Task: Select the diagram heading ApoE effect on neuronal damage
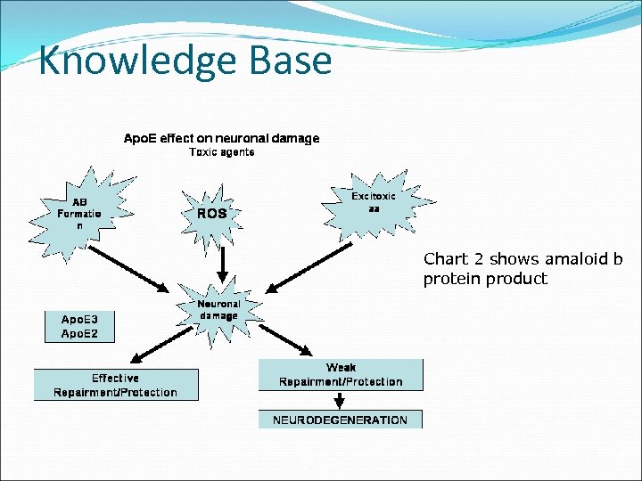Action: click(x=221, y=138)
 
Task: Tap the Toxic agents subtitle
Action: click(x=222, y=152)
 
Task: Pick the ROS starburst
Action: click(x=212, y=214)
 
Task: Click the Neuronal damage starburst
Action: click(x=218, y=310)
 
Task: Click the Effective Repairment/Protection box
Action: click(x=115, y=385)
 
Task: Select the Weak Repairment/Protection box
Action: click(x=341, y=374)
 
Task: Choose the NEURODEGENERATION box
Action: click(x=340, y=420)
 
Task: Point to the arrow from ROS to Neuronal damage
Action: click(x=223, y=263)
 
